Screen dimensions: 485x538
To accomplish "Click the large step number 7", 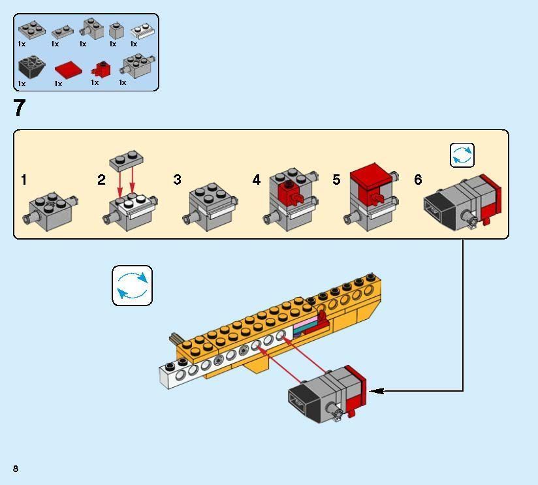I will (19, 108).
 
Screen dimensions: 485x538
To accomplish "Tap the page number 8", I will (15, 468).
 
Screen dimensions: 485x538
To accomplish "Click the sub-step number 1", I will (24, 180).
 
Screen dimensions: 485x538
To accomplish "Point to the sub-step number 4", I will (257, 180).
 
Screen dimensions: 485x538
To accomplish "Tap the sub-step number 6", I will (418, 180).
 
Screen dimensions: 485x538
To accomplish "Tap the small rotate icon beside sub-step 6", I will (462, 155).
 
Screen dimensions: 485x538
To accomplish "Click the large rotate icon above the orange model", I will (132, 285).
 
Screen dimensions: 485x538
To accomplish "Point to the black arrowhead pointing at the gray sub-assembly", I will (377, 391).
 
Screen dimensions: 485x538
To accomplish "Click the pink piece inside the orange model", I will (306, 325).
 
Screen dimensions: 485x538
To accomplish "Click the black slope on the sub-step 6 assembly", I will (439, 207).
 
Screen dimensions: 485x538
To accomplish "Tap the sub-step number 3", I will (177, 180).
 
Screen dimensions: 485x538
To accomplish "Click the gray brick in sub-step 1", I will (52, 208).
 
